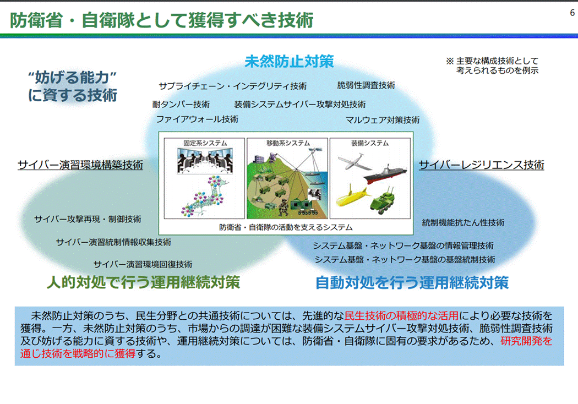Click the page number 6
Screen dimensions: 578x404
(572, 13)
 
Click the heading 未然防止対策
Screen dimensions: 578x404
(289, 61)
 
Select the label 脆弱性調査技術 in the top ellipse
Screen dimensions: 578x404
(366, 85)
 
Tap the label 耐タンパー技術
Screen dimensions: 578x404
(181, 104)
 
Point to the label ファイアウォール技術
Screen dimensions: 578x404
(197, 119)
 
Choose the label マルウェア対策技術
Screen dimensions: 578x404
(383, 119)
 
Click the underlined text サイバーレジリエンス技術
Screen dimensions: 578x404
(482, 165)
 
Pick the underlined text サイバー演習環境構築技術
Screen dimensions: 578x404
(80, 165)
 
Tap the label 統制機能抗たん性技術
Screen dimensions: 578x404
(463, 223)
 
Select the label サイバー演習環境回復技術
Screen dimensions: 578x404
(143, 264)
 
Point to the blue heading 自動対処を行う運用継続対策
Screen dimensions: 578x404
(412, 283)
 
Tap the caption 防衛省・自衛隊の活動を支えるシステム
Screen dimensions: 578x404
(286, 227)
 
